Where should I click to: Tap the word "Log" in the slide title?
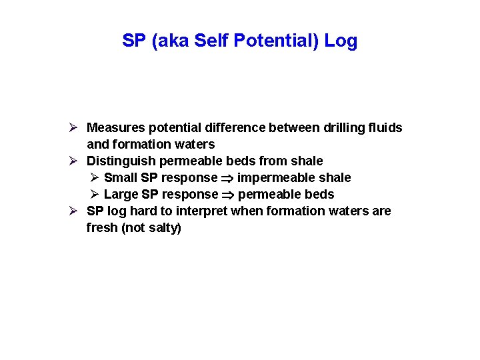tap(341, 41)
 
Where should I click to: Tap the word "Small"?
tap(121, 177)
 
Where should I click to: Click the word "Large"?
tap(121, 194)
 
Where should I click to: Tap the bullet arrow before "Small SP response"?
tap(95, 177)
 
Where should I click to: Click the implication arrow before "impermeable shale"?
tap(227, 178)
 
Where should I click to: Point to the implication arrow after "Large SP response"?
tap(228, 195)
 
